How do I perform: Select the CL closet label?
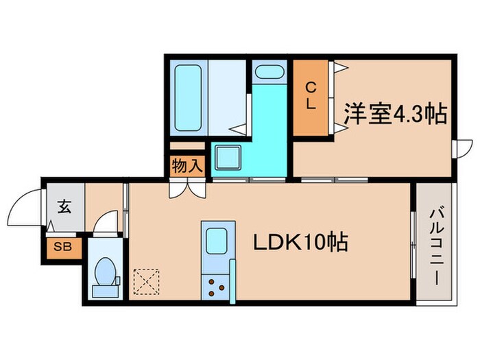(311, 95)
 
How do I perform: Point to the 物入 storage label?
(187, 165)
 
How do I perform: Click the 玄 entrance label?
(64, 206)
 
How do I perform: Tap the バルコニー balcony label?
(435, 244)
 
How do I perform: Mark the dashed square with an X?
(145, 281)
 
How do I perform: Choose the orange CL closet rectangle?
(311, 97)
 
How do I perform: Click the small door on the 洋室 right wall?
(465, 149)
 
